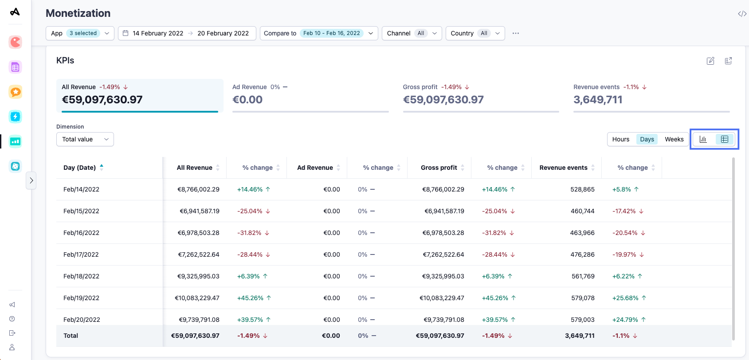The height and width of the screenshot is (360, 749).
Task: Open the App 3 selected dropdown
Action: [x=80, y=33]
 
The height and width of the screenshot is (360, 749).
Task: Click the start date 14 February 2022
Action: [x=157, y=33]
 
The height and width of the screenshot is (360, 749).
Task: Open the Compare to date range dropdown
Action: [x=318, y=33]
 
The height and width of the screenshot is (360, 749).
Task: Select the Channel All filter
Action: [x=411, y=33]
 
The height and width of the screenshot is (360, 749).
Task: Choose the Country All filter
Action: [x=474, y=33]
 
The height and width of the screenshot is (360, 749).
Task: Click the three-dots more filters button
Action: [x=515, y=33]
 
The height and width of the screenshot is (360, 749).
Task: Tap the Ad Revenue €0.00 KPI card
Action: [x=310, y=95]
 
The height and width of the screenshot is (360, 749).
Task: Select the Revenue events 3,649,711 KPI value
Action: [x=598, y=100]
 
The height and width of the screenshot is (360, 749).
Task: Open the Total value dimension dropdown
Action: [x=85, y=139]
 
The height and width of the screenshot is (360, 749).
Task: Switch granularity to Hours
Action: [x=620, y=139]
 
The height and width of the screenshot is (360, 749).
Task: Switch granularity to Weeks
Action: [x=674, y=139]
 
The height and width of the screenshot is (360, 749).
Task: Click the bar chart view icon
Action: [x=703, y=139]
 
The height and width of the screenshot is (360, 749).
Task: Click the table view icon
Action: [x=724, y=139]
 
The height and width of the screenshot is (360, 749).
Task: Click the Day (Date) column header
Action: [x=80, y=168]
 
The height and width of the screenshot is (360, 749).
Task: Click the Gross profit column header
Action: [x=439, y=168]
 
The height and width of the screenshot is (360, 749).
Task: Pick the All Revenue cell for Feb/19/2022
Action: [x=197, y=298]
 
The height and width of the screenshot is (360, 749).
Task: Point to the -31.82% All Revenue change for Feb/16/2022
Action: [x=249, y=233]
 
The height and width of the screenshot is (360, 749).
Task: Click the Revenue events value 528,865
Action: [x=582, y=189]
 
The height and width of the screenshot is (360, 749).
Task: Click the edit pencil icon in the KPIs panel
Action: [x=710, y=61]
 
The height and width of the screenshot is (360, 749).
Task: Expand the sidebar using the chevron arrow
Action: [x=31, y=180]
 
